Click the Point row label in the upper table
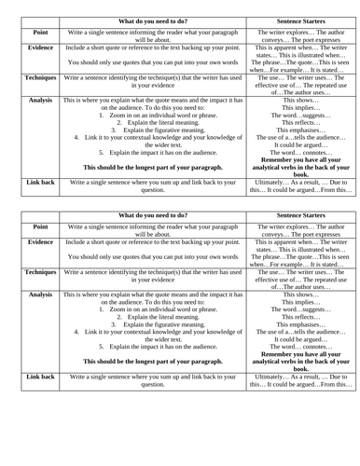click(40, 32)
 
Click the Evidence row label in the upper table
click(40, 47)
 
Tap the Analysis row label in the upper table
click(40, 99)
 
